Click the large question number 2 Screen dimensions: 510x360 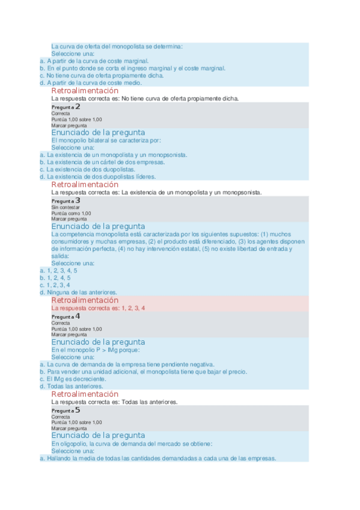pos(78,106)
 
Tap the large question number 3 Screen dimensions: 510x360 pos(78,200)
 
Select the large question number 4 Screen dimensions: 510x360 pos(78,316)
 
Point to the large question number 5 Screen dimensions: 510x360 pos(78,410)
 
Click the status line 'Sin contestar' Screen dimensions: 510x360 pos(66,207)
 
